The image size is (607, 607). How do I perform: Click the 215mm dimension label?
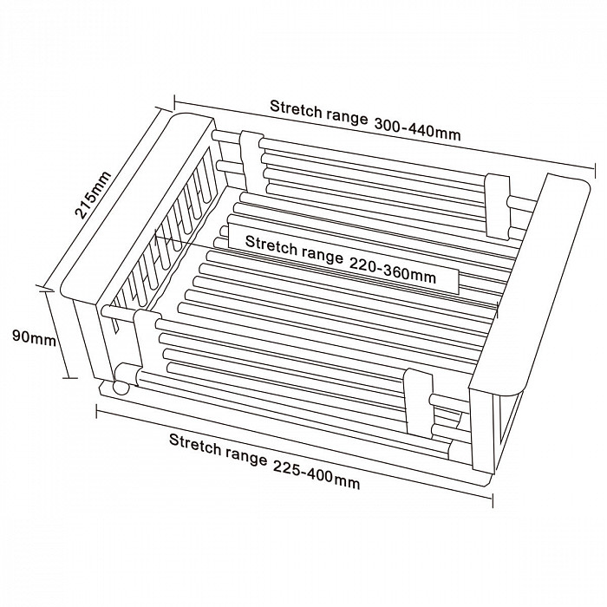(93, 195)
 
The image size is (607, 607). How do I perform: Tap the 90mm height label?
(34, 336)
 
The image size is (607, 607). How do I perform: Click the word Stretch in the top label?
(296, 109)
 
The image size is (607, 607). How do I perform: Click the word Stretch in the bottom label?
(195, 443)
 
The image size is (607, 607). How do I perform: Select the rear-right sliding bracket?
(498, 206)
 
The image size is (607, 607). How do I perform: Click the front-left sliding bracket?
(146, 343)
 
